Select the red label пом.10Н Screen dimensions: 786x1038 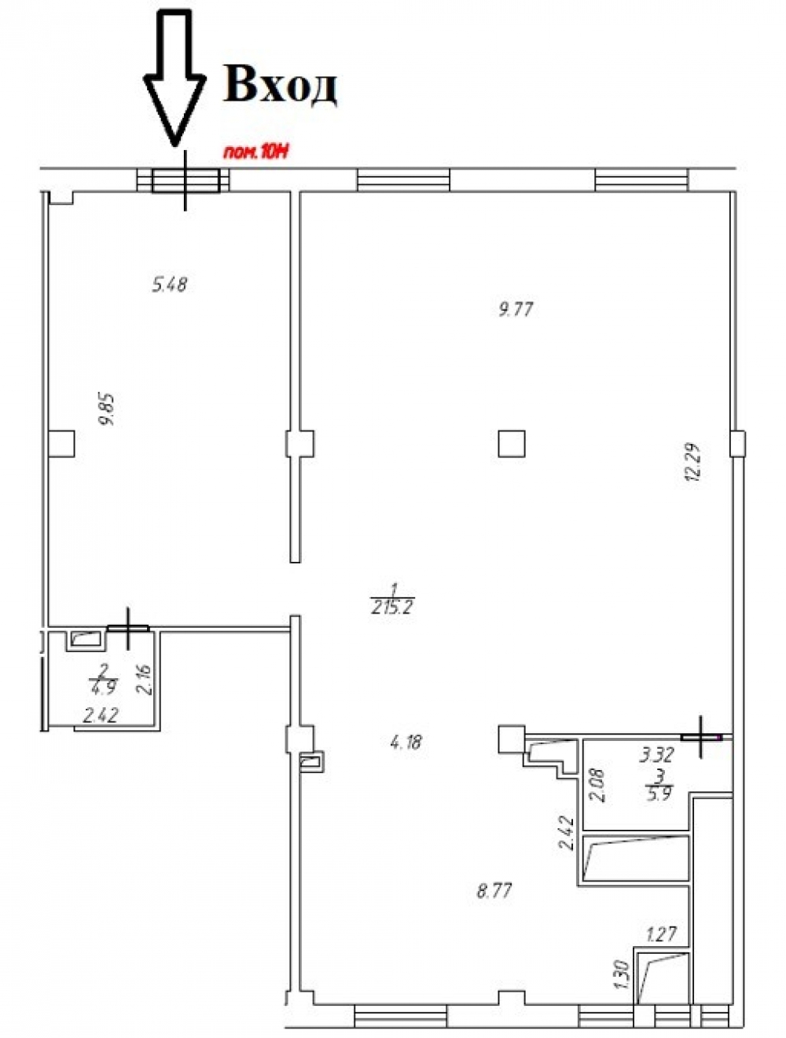(x=255, y=153)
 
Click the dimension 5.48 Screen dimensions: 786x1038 (x=170, y=284)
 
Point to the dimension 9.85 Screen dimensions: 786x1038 (x=108, y=409)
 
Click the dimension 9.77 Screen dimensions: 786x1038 (x=516, y=310)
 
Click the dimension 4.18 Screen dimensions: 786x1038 (x=406, y=742)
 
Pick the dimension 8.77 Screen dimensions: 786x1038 (x=494, y=891)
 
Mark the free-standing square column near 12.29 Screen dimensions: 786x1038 (x=511, y=443)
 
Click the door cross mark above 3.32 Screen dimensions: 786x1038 (x=700, y=737)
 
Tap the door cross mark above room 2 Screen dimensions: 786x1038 (x=127, y=629)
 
